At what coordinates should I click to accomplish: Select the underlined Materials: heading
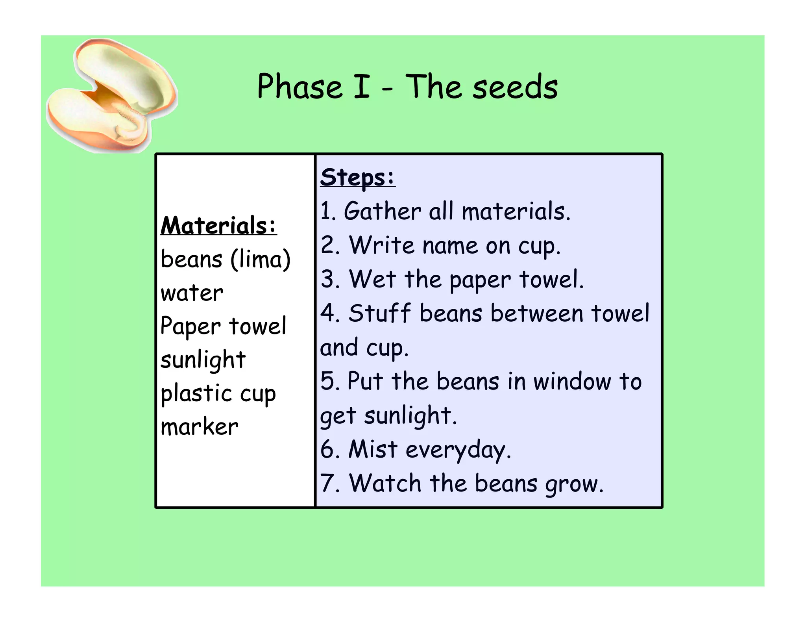click(218, 226)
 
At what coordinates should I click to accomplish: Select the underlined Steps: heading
click(357, 178)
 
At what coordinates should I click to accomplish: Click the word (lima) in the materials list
click(261, 260)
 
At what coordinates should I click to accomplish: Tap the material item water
click(192, 293)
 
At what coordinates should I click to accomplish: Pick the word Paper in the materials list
click(190, 327)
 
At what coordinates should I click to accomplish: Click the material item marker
click(199, 427)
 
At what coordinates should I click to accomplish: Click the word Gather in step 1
click(382, 211)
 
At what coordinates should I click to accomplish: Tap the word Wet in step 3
click(372, 279)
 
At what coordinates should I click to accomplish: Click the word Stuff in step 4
click(380, 313)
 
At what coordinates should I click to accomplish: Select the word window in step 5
click(572, 382)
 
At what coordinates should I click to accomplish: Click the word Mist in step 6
click(373, 449)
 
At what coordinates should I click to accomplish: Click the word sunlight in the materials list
click(203, 360)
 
